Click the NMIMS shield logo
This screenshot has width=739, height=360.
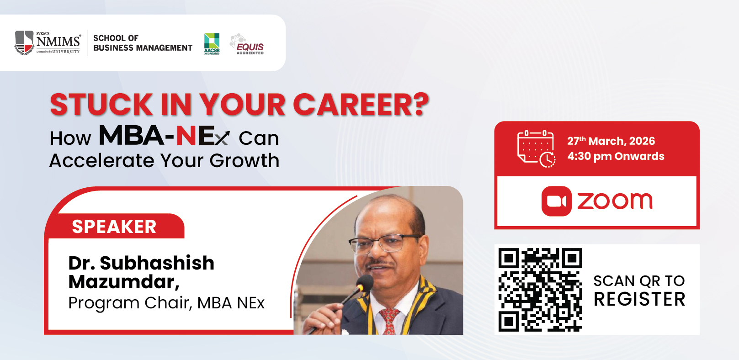(x=24, y=42)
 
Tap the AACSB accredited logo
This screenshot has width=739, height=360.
(x=212, y=43)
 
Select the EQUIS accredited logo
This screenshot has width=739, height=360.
(x=247, y=44)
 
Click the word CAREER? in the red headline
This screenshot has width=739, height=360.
(x=361, y=105)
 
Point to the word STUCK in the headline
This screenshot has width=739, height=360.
(x=101, y=105)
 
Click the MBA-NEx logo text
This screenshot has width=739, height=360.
(x=164, y=135)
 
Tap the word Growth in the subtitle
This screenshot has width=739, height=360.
(x=245, y=161)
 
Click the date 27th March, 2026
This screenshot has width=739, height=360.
(x=611, y=141)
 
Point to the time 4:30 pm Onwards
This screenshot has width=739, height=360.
(x=616, y=156)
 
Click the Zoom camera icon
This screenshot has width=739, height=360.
(x=556, y=201)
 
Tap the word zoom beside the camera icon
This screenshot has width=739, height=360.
(x=615, y=201)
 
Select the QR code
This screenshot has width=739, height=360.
(x=540, y=290)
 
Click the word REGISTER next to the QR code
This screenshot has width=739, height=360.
(x=639, y=299)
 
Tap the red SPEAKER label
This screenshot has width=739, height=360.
(x=114, y=227)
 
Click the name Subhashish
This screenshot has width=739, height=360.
(x=157, y=263)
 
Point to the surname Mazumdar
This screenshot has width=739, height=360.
(x=124, y=282)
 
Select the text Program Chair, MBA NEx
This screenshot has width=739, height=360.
(x=167, y=303)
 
